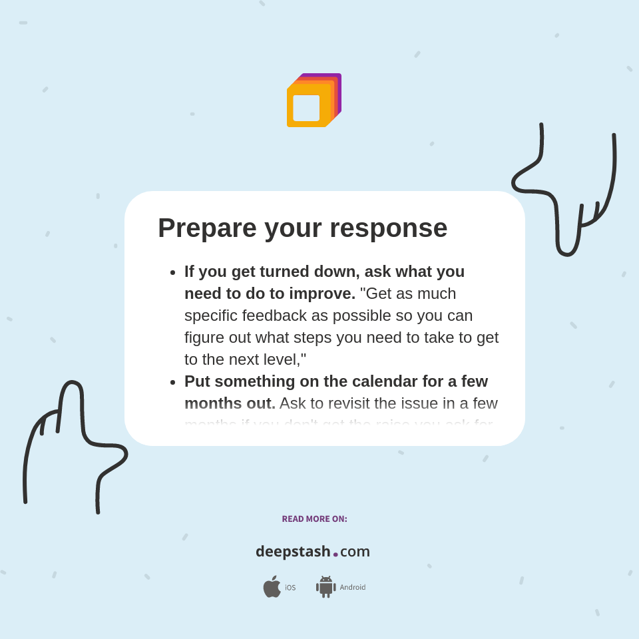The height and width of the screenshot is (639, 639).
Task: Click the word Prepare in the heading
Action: tap(207, 228)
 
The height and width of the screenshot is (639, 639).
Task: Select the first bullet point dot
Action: tap(172, 272)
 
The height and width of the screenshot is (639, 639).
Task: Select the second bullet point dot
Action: tap(172, 382)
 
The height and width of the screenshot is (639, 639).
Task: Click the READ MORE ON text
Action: tap(314, 519)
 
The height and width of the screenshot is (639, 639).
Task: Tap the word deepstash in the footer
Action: tap(293, 552)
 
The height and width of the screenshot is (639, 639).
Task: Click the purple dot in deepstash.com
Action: tap(335, 554)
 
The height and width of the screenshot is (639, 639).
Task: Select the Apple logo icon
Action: tap(272, 587)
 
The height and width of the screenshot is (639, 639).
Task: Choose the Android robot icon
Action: tap(326, 587)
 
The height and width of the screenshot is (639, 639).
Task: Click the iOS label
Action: tap(290, 588)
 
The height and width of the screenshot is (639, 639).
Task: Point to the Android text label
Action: tap(353, 588)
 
